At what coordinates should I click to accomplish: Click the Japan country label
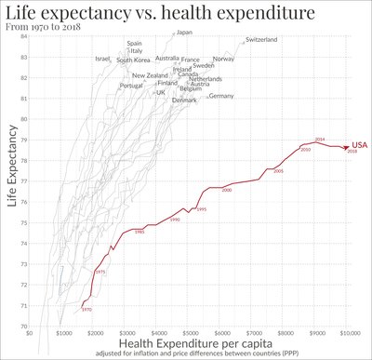(184, 33)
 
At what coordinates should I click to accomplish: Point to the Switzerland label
(261, 40)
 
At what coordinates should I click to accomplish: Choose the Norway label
(223, 60)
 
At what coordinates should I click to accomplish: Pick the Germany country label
(221, 96)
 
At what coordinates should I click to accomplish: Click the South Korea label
(134, 60)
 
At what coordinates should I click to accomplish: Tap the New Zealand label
(150, 75)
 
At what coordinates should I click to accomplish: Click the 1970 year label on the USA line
(86, 309)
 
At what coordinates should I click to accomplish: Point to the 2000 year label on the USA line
(226, 190)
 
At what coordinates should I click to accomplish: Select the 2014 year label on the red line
(319, 139)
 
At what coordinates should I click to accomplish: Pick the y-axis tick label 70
(21, 326)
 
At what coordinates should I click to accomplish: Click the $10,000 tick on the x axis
(349, 333)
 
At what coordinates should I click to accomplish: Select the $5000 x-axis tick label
(190, 333)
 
